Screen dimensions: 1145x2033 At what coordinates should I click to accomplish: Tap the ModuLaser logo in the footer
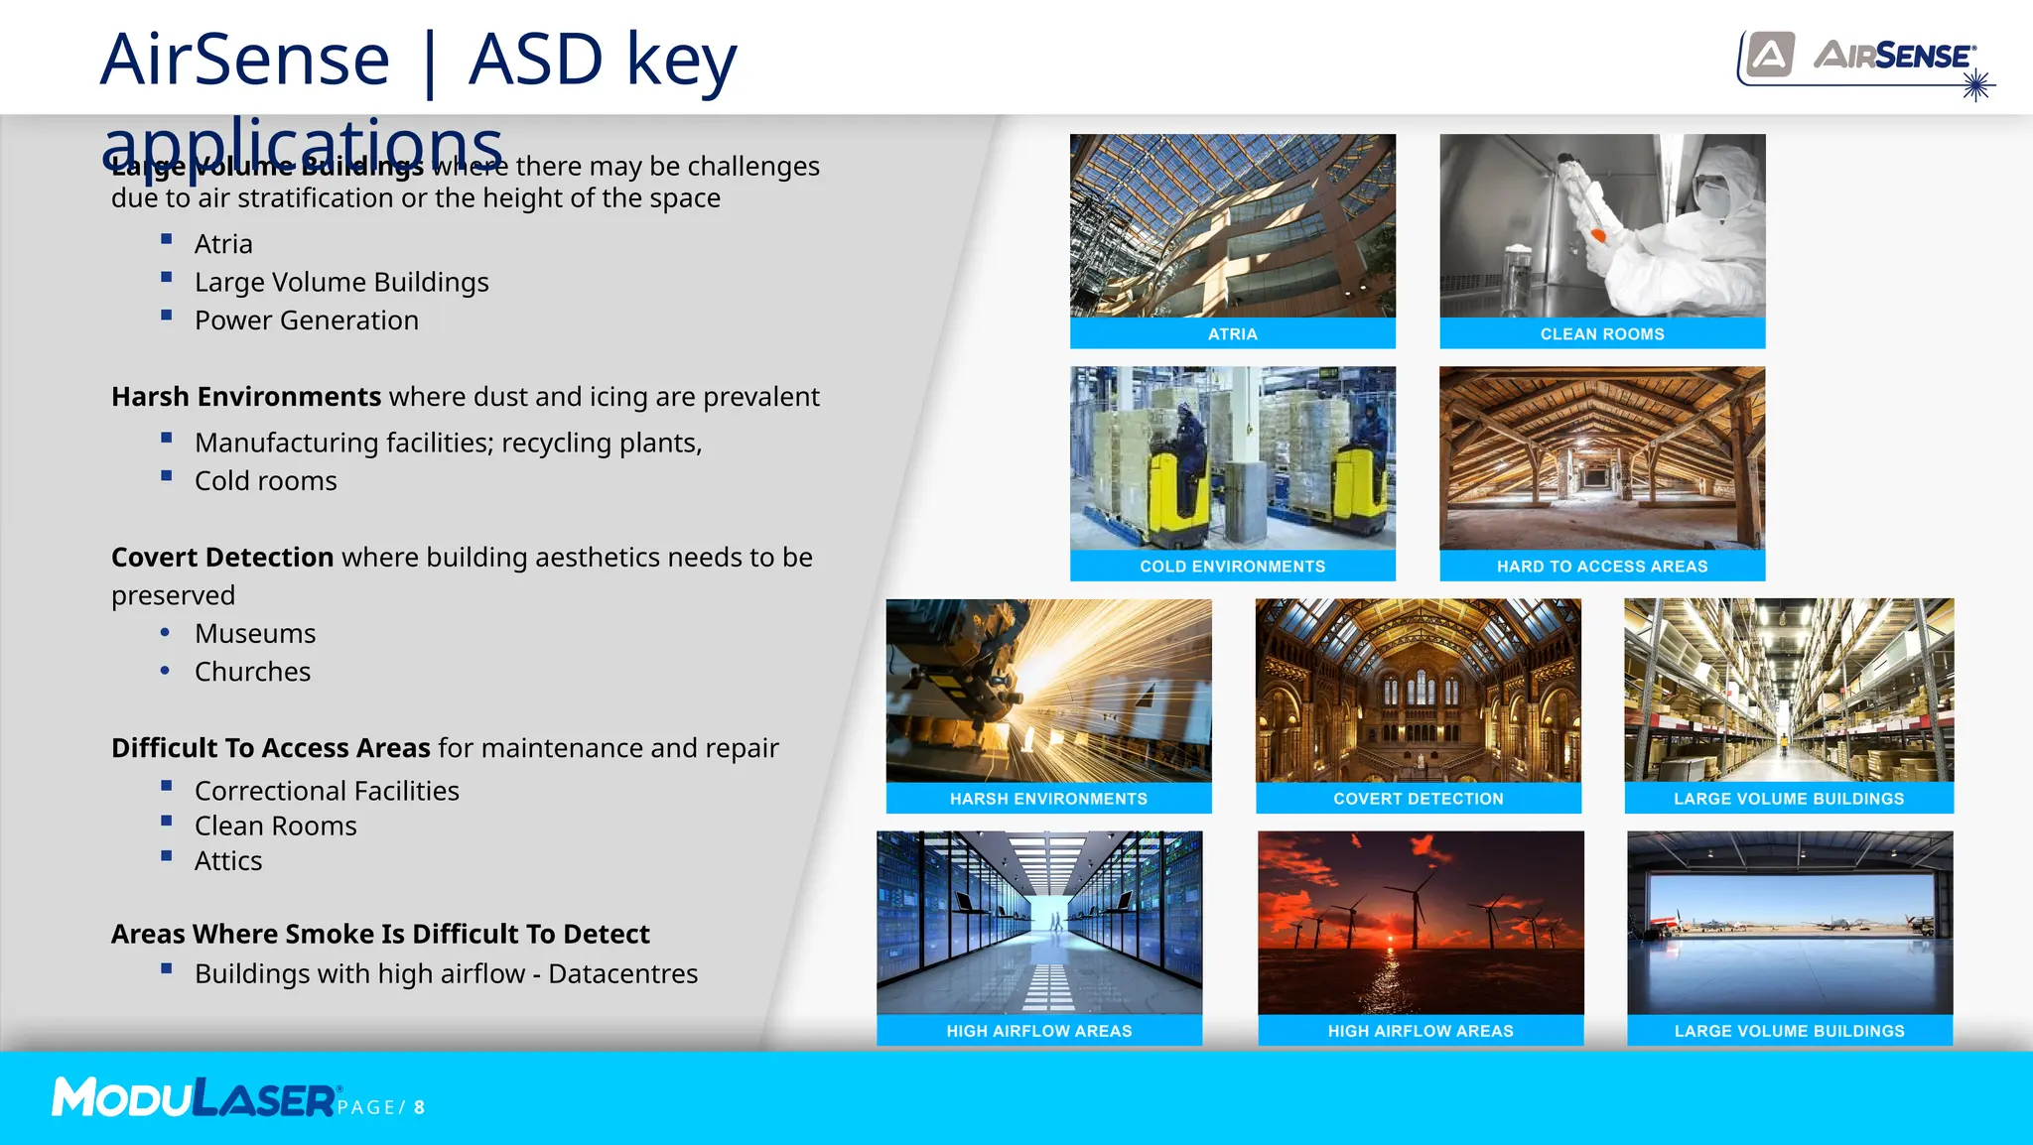[194, 1098]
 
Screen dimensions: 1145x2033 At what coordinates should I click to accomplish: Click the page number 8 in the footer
[420, 1107]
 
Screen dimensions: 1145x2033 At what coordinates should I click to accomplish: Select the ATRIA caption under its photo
[1232, 334]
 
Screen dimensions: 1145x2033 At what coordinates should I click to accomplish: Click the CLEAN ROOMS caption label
[1601, 334]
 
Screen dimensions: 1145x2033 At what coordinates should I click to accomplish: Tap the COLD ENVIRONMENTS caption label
[1232, 567]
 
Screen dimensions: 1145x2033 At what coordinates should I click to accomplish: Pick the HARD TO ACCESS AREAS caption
[1601, 567]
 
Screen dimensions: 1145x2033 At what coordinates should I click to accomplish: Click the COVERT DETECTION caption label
[1418, 799]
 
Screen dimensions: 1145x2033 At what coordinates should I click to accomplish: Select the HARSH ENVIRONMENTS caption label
[1048, 799]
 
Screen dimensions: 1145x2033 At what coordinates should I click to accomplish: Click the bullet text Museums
[255, 633]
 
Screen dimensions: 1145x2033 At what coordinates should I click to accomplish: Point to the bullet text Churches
[252, 672]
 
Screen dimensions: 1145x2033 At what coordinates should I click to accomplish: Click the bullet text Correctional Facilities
[327, 791]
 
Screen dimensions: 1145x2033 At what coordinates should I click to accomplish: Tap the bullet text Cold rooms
[265, 481]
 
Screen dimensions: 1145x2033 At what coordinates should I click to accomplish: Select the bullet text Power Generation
[306, 320]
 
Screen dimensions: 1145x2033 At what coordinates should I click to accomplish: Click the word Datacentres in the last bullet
[622, 974]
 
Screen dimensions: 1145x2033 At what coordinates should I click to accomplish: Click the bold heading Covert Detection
[222, 558]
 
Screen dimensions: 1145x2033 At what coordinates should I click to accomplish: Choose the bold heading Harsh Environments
[245, 397]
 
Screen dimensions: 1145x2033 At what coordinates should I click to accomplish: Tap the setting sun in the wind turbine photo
[1390, 939]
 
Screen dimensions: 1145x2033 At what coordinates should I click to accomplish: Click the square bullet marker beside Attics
[167, 856]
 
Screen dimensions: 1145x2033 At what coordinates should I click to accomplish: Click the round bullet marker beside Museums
[165, 632]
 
